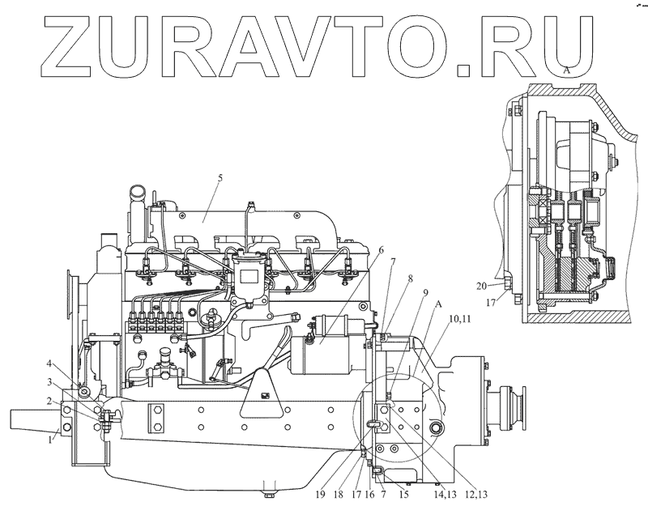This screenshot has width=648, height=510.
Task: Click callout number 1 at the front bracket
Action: (x=51, y=440)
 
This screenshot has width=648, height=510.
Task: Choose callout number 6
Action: (x=380, y=250)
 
